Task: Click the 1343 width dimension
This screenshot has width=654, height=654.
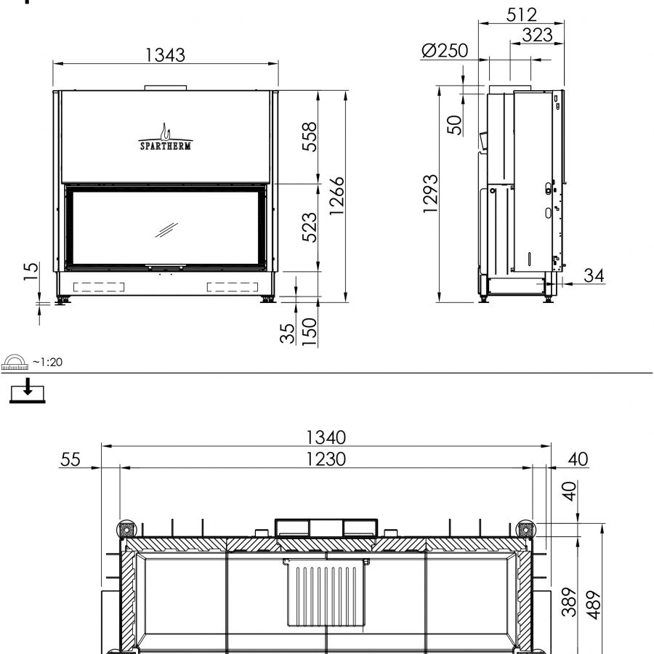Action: click(x=165, y=54)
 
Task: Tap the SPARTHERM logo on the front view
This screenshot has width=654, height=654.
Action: click(x=166, y=137)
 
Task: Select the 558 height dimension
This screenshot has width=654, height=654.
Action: click(x=310, y=137)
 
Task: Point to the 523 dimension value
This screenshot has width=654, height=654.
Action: click(x=310, y=227)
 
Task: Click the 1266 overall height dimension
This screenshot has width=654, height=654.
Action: click(x=336, y=195)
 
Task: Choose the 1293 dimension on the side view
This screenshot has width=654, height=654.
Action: click(x=430, y=194)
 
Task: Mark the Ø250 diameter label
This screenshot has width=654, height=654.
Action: click(x=445, y=50)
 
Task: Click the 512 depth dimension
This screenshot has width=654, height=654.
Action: click(x=521, y=15)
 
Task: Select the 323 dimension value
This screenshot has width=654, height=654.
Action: click(x=537, y=35)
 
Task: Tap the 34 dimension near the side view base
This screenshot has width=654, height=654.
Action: click(x=594, y=275)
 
